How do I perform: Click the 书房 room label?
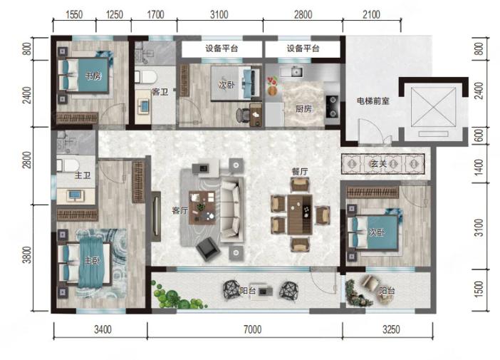pos(93,76)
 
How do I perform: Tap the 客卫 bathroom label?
pos(160,92)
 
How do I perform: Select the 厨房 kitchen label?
pos(303,109)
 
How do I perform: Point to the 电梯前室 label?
pos(373,101)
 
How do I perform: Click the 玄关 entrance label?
pos(379,164)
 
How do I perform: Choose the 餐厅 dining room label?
pos(300,171)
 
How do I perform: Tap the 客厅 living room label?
pos(180,210)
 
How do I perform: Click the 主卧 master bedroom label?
pos(92,261)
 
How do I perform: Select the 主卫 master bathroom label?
pos(83,175)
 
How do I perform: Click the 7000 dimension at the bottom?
pos(252,329)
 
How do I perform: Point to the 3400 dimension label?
pos(103,329)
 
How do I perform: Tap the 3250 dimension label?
pos(391,329)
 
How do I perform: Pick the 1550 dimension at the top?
pos(74,15)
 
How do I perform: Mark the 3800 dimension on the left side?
pos(28,254)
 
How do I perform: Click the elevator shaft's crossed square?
pos(433,107)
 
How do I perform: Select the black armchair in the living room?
pos(208,248)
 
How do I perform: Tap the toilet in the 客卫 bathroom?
pos(146,77)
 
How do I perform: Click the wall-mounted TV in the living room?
pos(156,217)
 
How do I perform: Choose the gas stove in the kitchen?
pos(333,106)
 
